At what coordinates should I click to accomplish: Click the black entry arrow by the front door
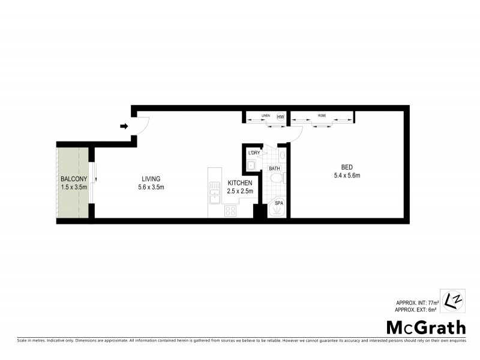point(124,126)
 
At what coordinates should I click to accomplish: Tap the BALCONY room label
point(74,179)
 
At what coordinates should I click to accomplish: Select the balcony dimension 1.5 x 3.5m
point(74,187)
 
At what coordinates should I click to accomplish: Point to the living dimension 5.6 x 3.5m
point(151,187)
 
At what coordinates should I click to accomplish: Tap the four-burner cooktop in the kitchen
point(230,211)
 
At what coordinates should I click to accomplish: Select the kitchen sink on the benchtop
point(214,193)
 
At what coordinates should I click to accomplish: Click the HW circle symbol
point(280,117)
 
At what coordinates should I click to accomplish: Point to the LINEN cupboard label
point(266,115)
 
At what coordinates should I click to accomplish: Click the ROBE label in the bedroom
point(322,115)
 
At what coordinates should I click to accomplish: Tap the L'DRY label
point(254,153)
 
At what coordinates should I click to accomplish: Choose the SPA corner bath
point(278,206)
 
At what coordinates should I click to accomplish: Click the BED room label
point(346,167)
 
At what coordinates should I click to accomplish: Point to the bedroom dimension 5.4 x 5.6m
point(346,175)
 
